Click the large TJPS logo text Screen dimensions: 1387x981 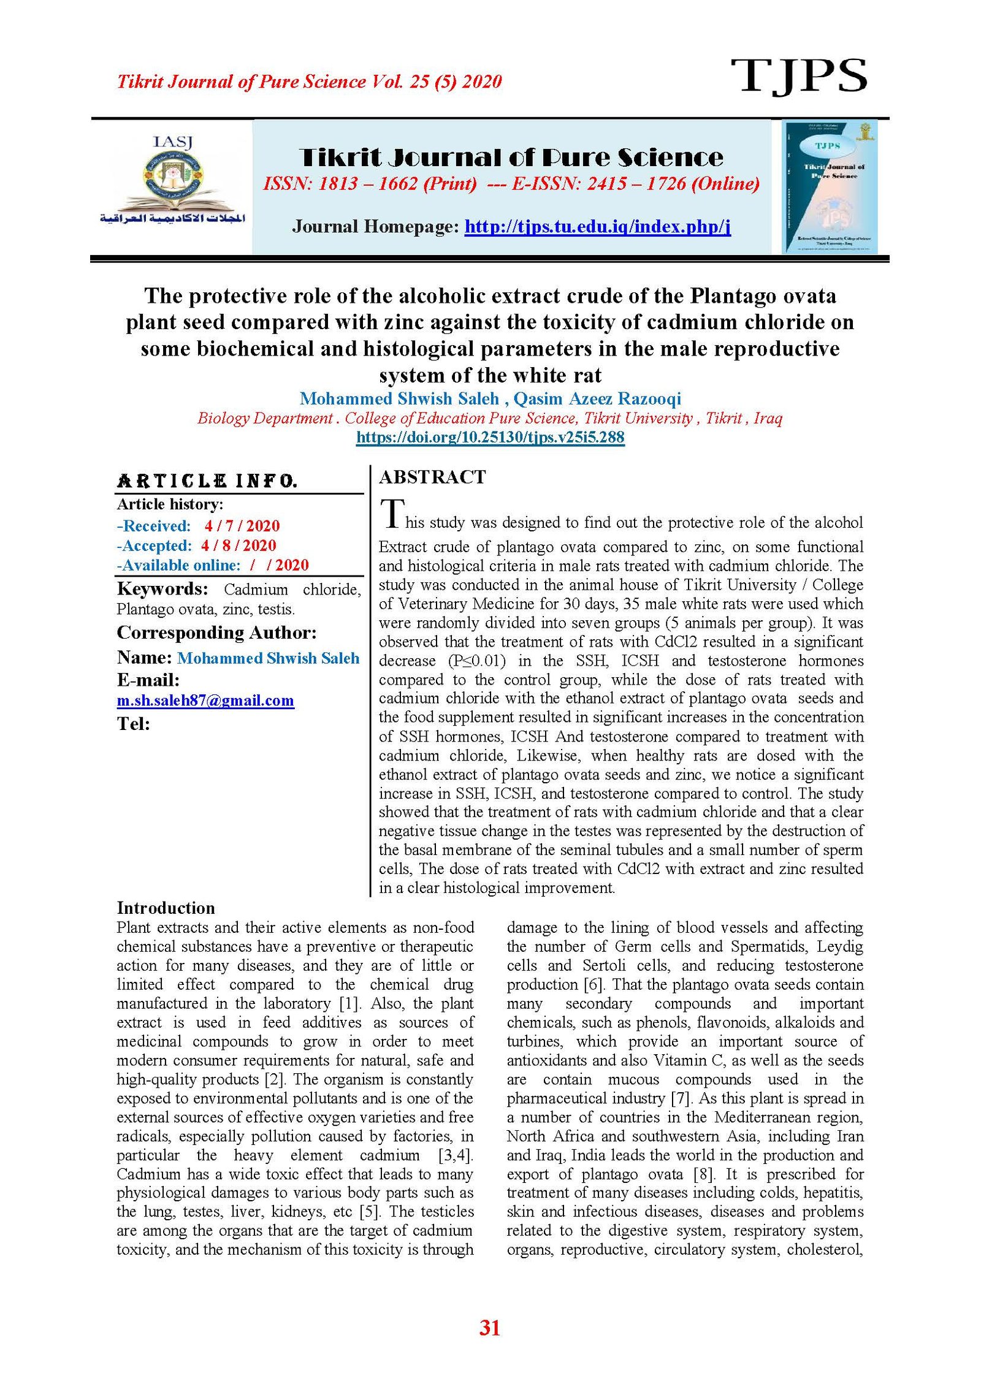pyautogui.click(x=798, y=77)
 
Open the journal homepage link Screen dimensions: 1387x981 pyautogui.click(x=597, y=227)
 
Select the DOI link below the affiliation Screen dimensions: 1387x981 pyautogui.click(x=490, y=437)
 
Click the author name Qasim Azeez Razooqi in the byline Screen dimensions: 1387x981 pyautogui.click(x=597, y=399)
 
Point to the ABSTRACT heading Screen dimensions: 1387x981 pyautogui.click(x=432, y=477)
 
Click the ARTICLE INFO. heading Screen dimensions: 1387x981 pyautogui.click(x=207, y=481)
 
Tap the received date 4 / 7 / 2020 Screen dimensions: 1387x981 pyautogui.click(x=242, y=526)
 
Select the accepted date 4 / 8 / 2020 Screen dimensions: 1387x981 pyautogui.click(x=239, y=545)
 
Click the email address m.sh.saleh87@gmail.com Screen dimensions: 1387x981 pyautogui.click(x=205, y=701)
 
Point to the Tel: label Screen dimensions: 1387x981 pyautogui.click(x=134, y=724)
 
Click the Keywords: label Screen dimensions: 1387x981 pyautogui.click(x=162, y=589)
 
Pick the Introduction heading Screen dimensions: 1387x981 pyautogui.click(x=166, y=908)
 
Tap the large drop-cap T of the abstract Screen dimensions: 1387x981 pyautogui.click(x=392, y=513)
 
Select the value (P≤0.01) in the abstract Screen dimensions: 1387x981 pyautogui.click(x=477, y=661)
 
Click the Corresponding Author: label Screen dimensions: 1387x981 pyautogui.click(x=216, y=633)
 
